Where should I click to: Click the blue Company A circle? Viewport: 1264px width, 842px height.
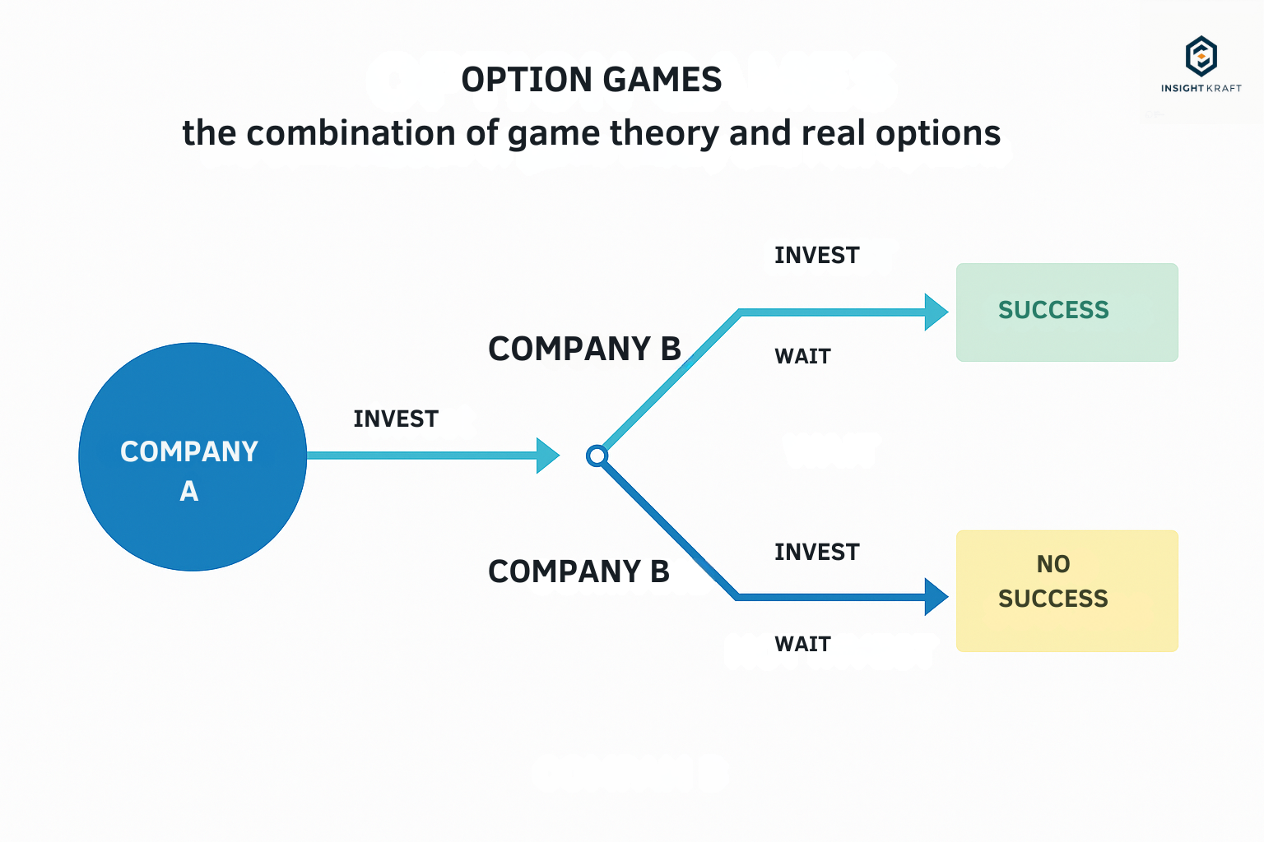[x=193, y=457]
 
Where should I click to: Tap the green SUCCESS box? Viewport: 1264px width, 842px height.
[x=1067, y=312]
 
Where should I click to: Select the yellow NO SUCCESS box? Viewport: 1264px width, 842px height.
[x=1067, y=591]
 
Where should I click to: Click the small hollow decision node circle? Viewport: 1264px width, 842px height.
[x=597, y=456]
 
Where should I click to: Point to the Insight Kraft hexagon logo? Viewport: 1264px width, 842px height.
[x=1201, y=56]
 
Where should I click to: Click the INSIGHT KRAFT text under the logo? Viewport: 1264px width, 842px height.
[x=1201, y=88]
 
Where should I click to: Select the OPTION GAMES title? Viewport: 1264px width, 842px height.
[x=592, y=80]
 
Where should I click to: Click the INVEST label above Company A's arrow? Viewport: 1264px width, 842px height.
[x=396, y=419]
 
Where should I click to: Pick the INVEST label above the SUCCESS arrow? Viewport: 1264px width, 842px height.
[x=816, y=256]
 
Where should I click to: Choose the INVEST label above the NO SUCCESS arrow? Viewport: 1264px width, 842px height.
[x=816, y=552]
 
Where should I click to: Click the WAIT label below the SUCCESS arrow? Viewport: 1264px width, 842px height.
[x=802, y=356]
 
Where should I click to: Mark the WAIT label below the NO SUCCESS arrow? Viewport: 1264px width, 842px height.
[x=802, y=644]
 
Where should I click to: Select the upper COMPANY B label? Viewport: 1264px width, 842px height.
[x=584, y=349]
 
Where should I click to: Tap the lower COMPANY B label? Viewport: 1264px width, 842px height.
[x=579, y=571]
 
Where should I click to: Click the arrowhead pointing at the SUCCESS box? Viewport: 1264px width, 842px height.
[x=936, y=312]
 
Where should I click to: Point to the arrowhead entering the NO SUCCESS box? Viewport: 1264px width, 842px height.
[x=936, y=597]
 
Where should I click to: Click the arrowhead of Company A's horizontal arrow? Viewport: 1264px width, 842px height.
[x=547, y=455]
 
